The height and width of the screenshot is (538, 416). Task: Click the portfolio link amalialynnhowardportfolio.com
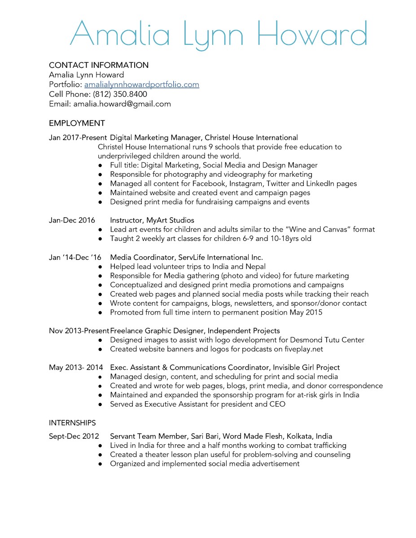pyautogui.click(x=141, y=84)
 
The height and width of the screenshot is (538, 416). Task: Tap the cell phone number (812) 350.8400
pyautogui.click(x=120, y=94)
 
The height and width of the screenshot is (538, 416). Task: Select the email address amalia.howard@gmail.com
pyautogui.click(x=122, y=104)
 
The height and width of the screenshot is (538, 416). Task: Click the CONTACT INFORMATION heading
pyautogui.click(x=98, y=65)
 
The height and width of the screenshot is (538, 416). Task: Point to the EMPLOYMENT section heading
pyautogui.click(x=77, y=123)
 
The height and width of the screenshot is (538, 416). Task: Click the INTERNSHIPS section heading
pyautogui.click(x=72, y=423)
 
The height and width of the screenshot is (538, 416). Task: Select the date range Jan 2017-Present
pyautogui.click(x=78, y=137)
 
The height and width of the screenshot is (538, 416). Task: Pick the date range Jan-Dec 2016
pyautogui.click(x=72, y=220)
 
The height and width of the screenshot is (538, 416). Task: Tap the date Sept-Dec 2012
pyautogui.click(x=74, y=436)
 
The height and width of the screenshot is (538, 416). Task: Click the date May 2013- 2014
pyautogui.click(x=76, y=367)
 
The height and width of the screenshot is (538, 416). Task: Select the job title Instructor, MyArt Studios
pyautogui.click(x=152, y=220)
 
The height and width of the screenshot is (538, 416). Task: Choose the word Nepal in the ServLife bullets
pyautogui.click(x=255, y=267)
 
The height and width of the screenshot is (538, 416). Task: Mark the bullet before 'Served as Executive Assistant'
pyautogui.click(x=101, y=404)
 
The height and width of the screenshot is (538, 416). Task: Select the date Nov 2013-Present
pyautogui.click(x=79, y=331)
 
